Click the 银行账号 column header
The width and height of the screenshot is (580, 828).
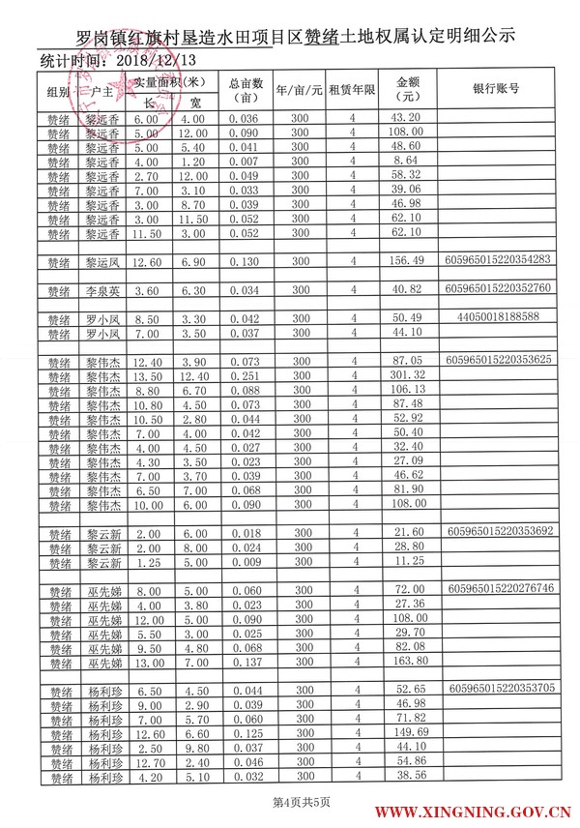point(497,88)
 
